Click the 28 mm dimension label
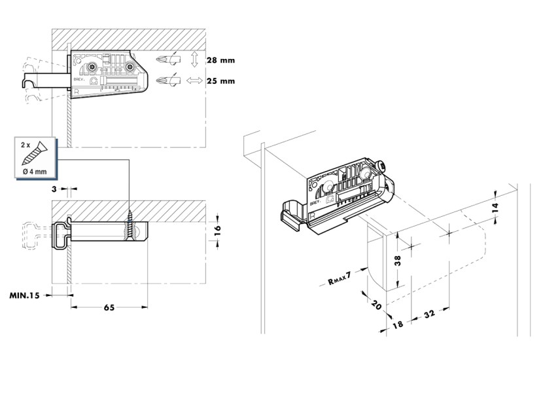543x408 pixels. [220, 60]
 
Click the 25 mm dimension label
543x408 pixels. [220, 81]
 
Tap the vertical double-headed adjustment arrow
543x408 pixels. [194, 61]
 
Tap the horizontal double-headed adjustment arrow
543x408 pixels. [194, 81]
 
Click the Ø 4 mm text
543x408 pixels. [33, 172]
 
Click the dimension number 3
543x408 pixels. [54, 189]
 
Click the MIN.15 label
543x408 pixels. [24, 295]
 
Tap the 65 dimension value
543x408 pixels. [109, 307]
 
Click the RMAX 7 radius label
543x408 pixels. [339, 279]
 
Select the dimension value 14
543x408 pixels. [495, 208]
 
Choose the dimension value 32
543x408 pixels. [429, 314]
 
